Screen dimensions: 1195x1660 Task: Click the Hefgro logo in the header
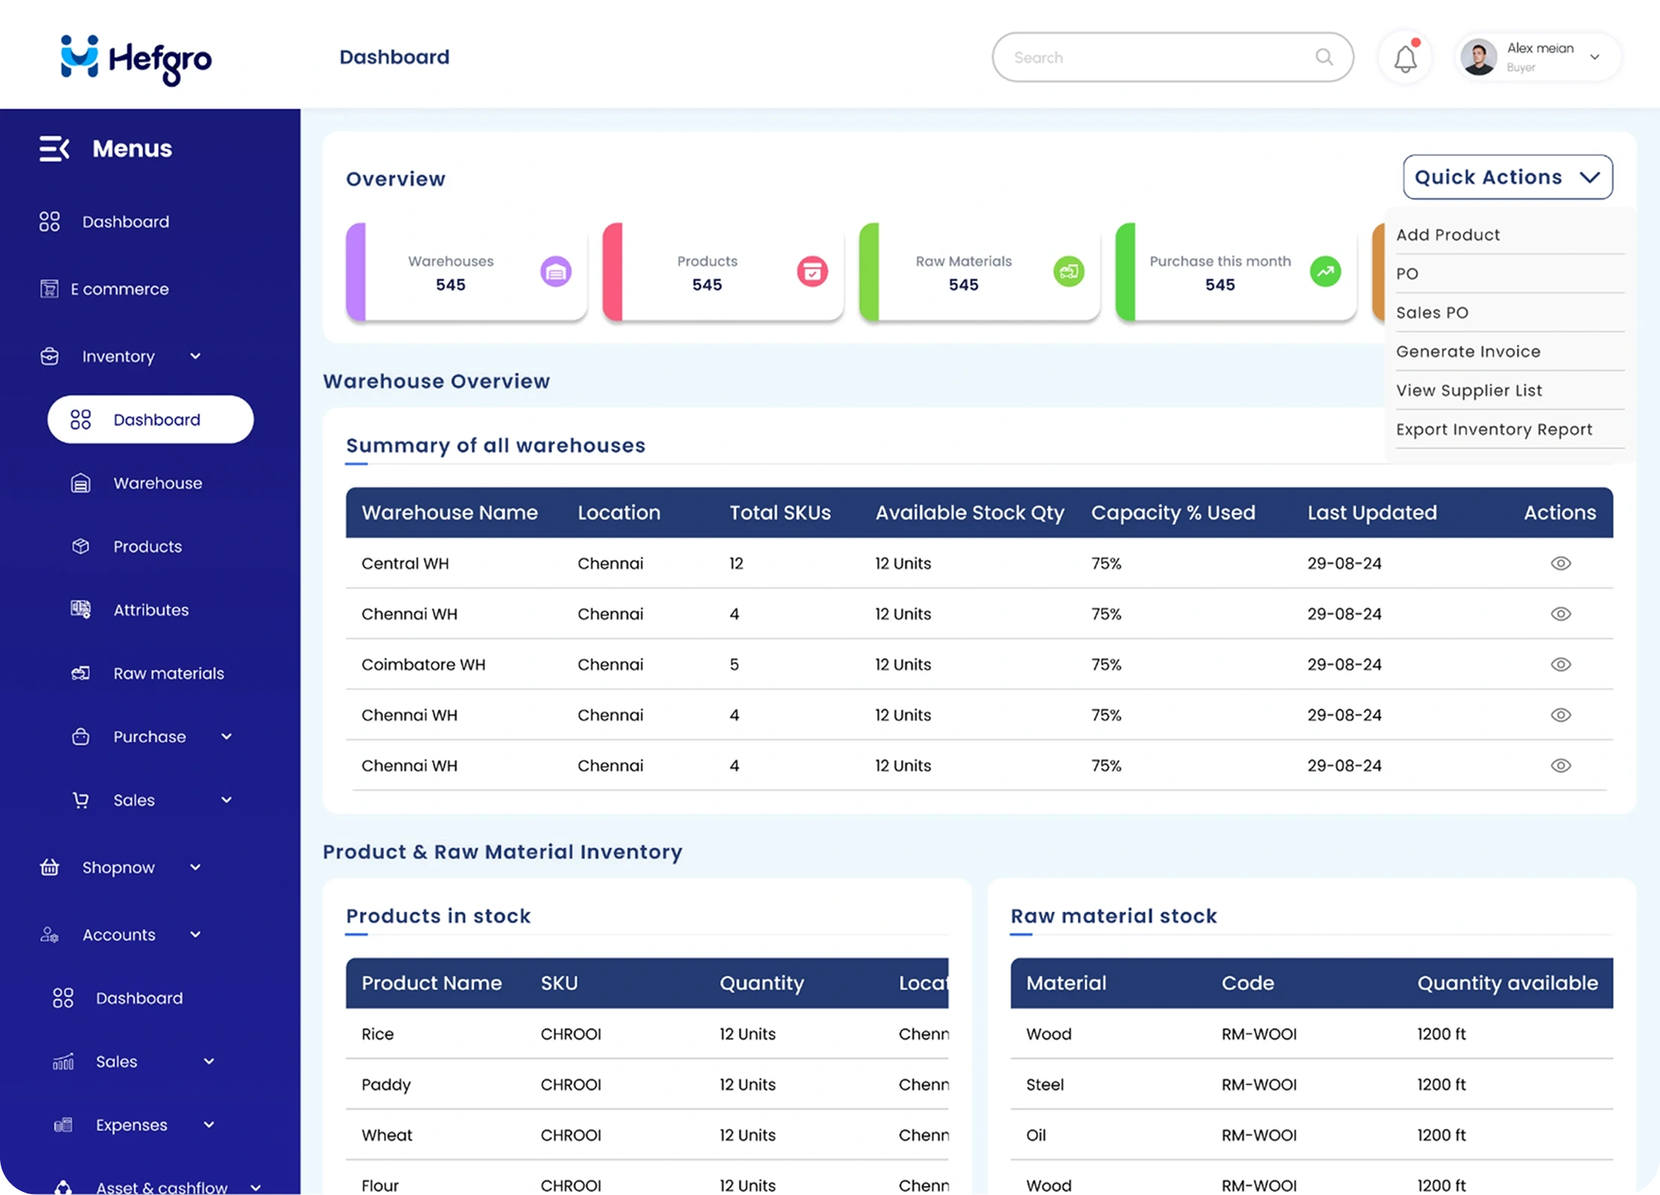(136, 59)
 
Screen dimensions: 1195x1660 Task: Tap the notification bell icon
(1405, 59)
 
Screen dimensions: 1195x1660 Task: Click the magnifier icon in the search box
(1324, 57)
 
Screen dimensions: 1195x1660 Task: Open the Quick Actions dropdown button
(1507, 177)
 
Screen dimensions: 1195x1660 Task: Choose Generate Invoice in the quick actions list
(1468, 352)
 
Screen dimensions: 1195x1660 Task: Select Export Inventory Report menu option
(1494, 429)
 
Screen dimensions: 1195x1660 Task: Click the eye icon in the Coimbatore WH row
(1561, 664)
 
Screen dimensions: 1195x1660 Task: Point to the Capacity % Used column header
(1173, 513)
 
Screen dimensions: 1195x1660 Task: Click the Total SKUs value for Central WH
(736, 563)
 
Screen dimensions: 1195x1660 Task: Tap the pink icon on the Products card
(812, 272)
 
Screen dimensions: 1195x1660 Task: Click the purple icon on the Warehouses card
(556, 272)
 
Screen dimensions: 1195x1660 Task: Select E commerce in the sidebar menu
(119, 289)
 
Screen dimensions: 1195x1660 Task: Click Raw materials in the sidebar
(168, 673)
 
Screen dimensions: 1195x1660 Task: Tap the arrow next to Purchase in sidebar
(226, 736)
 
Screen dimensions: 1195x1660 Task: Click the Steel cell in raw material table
(1045, 1084)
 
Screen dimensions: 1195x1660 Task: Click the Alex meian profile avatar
(1478, 57)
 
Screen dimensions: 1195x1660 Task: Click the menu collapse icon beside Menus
(54, 148)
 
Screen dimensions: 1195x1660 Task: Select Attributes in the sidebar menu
(151, 610)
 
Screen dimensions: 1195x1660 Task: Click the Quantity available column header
(1507, 983)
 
